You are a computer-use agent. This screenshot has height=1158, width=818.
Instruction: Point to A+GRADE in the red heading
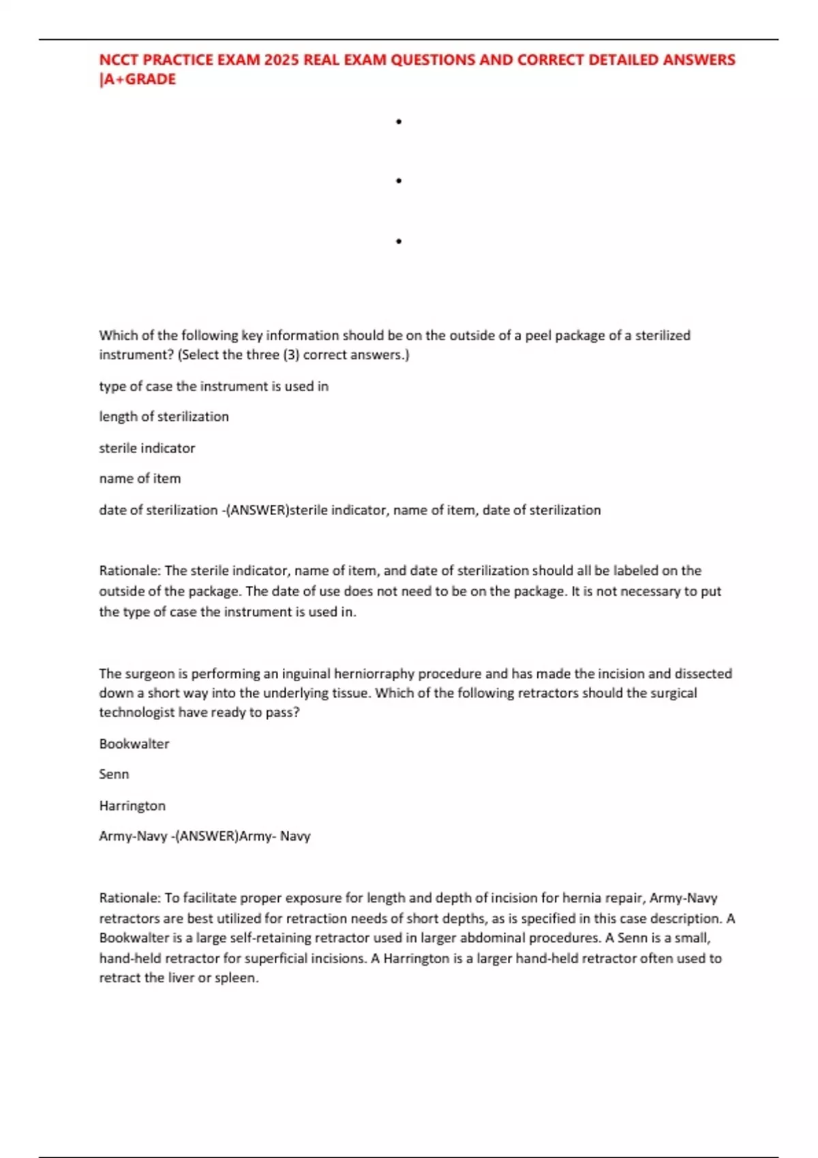[x=140, y=80]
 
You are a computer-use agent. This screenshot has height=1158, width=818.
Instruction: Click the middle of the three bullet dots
[x=399, y=181]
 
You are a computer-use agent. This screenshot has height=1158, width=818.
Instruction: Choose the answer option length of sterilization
[x=164, y=417]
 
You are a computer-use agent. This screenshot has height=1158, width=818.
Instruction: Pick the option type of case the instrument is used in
[x=213, y=386]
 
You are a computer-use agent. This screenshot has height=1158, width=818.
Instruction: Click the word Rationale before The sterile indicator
[x=130, y=571]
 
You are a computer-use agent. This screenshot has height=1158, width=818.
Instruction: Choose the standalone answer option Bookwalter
[x=134, y=744]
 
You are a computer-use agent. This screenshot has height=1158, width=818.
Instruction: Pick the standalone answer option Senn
[x=114, y=774]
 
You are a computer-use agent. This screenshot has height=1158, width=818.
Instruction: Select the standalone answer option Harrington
[x=132, y=806]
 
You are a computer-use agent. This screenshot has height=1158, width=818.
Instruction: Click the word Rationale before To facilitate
[x=130, y=898]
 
